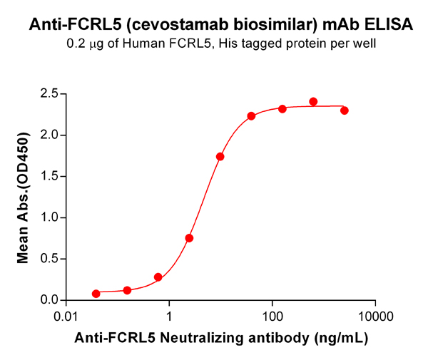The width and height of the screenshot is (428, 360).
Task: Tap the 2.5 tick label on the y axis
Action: click(49, 93)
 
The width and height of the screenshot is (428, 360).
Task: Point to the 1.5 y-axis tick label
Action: click(49, 176)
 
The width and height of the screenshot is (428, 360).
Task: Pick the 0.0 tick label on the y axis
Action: click(49, 300)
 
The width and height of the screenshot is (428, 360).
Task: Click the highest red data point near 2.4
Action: click(313, 102)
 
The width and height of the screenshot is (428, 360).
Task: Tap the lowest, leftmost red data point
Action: click(96, 294)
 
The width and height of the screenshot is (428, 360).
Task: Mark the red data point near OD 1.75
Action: click(220, 156)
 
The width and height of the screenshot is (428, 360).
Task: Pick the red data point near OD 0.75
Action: click(189, 238)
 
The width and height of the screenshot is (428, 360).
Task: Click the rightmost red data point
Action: click(345, 110)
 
